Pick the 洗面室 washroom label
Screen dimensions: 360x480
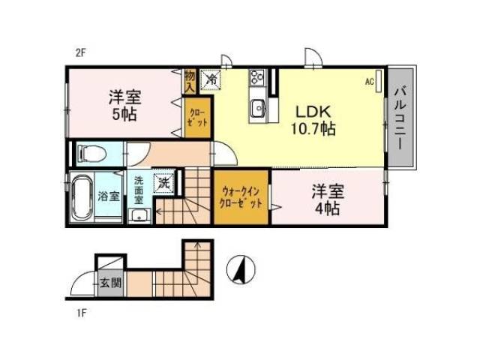click(140, 190)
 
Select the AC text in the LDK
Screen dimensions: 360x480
click(370, 80)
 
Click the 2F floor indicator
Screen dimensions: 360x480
click(81, 52)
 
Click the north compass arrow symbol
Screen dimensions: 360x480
click(240, 271)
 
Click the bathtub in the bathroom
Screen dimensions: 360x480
click(81, 196)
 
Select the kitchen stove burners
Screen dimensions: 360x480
click(256, 77)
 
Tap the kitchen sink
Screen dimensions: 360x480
click(258, 109)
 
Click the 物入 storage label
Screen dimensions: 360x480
click(190, 80)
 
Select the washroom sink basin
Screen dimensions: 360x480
click(139, 216)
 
